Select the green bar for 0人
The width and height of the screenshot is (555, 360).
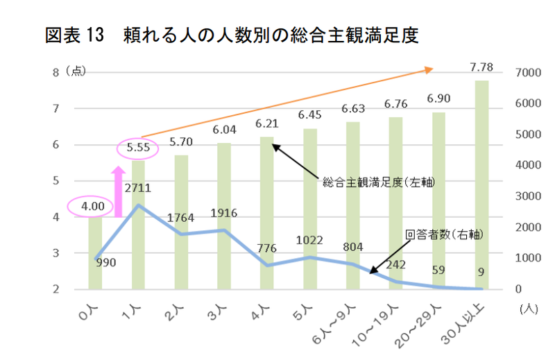[95, 253]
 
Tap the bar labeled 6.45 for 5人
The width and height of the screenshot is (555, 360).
[310, 208]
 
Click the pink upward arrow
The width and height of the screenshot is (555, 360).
[118, 191]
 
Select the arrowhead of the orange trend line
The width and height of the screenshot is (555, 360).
[428, 69]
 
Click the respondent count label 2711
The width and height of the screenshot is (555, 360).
[139, 187]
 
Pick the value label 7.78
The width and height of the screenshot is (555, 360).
[481, 67]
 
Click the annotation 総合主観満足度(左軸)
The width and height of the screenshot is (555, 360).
[383, 182]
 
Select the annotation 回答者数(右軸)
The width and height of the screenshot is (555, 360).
[444, 235]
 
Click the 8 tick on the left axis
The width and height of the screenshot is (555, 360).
[55, 73]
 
